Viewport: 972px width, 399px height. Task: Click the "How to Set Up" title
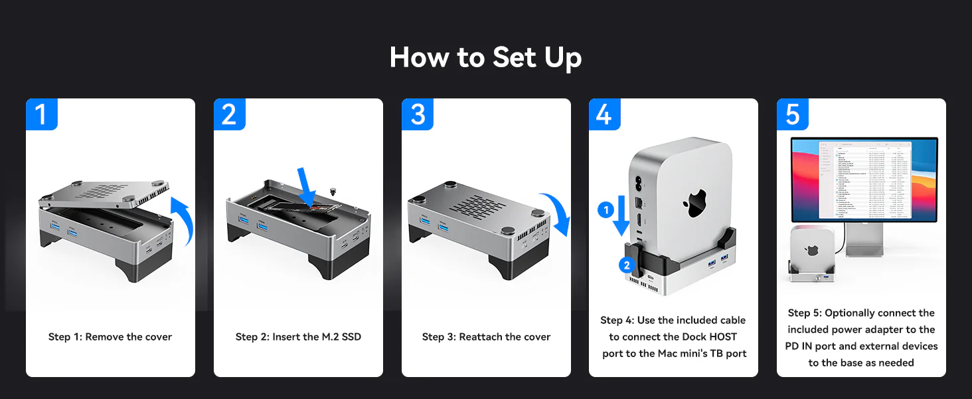click(x=485, y=57)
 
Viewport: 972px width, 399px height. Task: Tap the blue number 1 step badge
click(x=42, y=114)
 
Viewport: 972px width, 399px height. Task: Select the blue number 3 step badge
click(x=418, y=114)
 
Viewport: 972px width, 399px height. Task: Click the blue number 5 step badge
click(x=793, y=114)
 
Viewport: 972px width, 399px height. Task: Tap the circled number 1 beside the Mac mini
click(x=605, y=211)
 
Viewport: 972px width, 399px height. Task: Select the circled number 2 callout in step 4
click(x=625, y=265)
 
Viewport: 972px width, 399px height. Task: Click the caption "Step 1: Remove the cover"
click(x=110, y=337)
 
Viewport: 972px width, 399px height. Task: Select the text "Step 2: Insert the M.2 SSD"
click(x=298, y=337)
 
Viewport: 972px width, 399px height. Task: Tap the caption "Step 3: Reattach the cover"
click(x=486, y=337)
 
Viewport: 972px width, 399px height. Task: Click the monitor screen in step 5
click(x=864, y=179)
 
